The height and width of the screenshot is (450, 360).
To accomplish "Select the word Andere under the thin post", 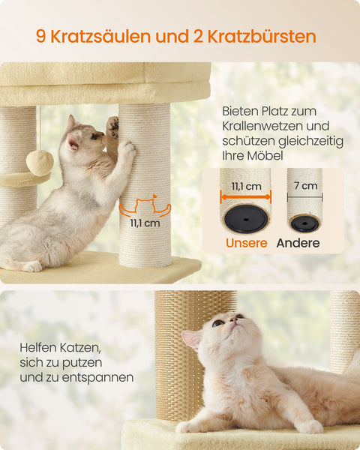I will click(x=298, y=243).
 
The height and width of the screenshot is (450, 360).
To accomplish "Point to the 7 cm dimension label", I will click(x=304, y=184).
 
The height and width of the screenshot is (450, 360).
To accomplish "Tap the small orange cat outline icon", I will click(x=145, y=205).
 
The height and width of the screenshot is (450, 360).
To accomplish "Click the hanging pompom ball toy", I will click(x=40, y=162).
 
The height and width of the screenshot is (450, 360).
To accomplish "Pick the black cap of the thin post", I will click(x=304, y=223).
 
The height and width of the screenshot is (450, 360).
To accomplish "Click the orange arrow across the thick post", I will click(x=245, y=197).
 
